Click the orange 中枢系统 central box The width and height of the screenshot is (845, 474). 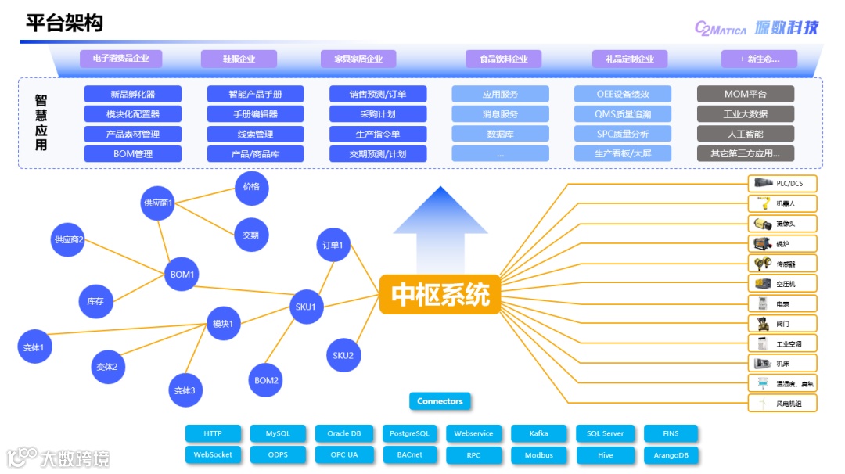pos(440,294)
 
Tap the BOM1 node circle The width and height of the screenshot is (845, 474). pos(182,275)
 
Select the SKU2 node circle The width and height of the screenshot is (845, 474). pos(343,355)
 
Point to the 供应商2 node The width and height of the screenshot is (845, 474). pos(69,239)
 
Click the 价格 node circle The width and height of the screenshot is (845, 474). pos(250,187)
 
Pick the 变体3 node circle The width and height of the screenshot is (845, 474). pos(185,390)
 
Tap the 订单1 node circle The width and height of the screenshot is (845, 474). pos(333,245)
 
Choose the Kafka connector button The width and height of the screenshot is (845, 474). pos(539,433)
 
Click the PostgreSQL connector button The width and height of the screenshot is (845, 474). pos(409,433)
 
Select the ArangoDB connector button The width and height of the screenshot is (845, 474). pos(671,454)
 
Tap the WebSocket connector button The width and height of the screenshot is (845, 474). pos(213,454)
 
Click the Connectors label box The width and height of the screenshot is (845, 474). pos(440,401)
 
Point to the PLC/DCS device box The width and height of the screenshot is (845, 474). pos(782,184)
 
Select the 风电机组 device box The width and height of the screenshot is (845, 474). pos(782,404)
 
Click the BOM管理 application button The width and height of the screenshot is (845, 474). pos(132,154)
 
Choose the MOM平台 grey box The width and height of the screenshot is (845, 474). pos(745,94)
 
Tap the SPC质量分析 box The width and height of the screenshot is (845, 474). pos(623,134)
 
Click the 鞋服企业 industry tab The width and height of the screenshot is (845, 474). pos(239,59)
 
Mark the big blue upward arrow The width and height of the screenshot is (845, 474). pos(440,215)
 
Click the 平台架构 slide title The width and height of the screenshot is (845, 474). pos(64,23)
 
